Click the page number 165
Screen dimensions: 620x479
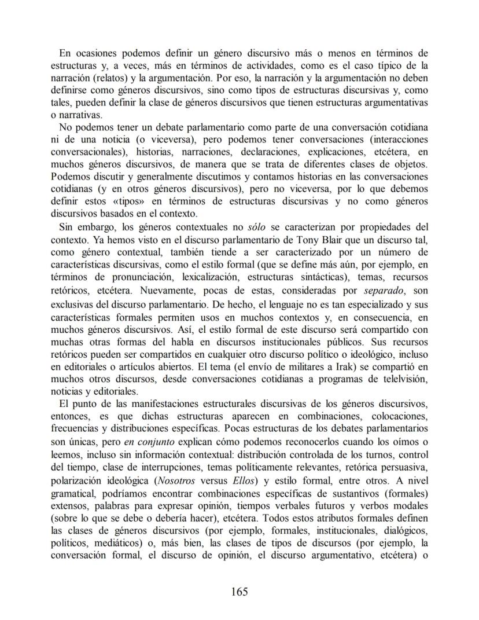[239, 592]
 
